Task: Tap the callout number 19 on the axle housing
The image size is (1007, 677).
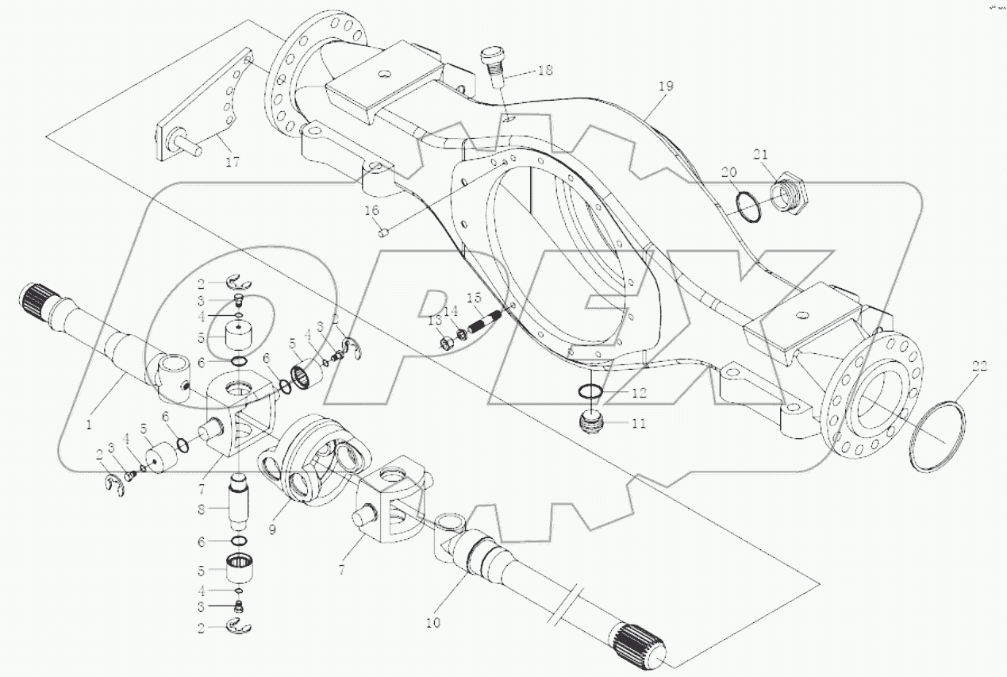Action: [665, 86]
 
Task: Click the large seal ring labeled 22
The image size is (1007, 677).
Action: [939, 437]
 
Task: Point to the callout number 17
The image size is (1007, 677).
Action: [232, 162]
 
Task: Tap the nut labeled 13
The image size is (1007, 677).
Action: [447, 342]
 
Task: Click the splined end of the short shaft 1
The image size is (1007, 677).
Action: [34, 298]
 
